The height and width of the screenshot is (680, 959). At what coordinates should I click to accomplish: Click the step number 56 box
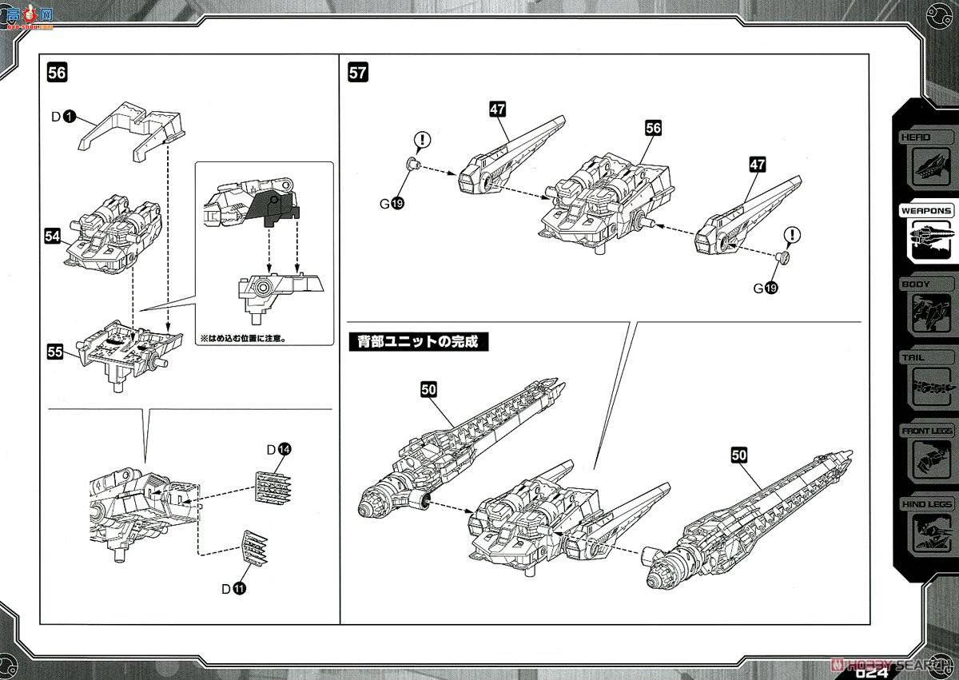(x=57, y=73)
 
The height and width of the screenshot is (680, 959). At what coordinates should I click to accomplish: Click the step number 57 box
(x=358, y=73)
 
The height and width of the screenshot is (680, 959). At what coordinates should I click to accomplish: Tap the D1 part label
(x=63, y=117)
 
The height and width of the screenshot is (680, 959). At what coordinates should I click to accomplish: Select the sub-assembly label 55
(x=54, y=352)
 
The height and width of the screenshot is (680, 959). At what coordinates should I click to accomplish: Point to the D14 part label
(x=278, y=450)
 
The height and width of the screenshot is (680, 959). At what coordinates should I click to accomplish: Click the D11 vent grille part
(x=255, y=549)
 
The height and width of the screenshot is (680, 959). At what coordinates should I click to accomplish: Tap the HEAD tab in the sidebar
(x=915, y=137)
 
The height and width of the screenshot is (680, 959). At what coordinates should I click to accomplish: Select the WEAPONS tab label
(x=926, y=211)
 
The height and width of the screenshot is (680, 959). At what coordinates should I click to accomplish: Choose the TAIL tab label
(x=913, y=357)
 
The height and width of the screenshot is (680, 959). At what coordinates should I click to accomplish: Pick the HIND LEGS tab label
(x=926, y=504)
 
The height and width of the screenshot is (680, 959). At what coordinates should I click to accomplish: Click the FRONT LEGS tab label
(x=926, y=431)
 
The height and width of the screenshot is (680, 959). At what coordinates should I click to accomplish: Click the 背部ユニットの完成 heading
(x=418, y=341)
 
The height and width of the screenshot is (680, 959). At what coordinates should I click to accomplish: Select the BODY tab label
(x=915, y=284)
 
